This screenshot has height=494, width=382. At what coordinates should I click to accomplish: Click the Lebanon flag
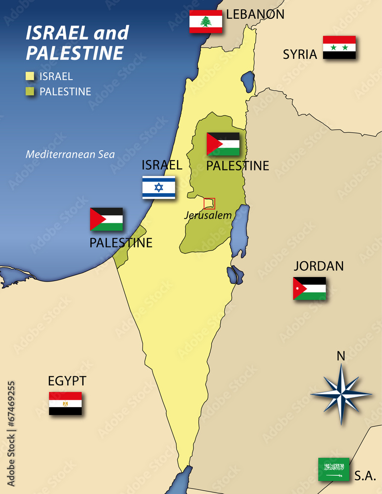click(206, 21)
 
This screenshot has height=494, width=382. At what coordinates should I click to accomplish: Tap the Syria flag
click(339, 47)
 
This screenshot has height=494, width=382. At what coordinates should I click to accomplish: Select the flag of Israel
click(159, 187)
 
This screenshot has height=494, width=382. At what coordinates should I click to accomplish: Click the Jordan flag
click(309, 288)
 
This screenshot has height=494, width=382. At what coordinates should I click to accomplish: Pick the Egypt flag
click(65, 403)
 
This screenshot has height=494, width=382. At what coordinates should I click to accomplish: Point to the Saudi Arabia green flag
click(334, 469)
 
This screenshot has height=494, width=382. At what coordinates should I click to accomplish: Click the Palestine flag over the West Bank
click(223, 144)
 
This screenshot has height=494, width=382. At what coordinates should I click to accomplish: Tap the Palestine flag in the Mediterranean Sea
click(106, 219)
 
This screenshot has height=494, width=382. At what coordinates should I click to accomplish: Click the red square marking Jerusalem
click(209, 203)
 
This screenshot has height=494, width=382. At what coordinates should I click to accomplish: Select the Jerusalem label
click(208, 215)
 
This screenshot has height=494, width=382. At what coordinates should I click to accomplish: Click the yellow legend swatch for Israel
click(30, 77)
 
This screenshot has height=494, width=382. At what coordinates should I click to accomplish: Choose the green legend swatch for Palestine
click(30, 91)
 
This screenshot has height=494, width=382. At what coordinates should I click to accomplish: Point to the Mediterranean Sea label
click(70, 154)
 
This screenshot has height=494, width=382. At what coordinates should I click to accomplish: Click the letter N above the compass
click(341, 356)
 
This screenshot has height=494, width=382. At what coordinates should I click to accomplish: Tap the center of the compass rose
click(341, 394)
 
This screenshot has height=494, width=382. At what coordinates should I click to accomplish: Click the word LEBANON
click(255, 14)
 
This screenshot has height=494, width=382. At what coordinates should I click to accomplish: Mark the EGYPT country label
click(67, 381)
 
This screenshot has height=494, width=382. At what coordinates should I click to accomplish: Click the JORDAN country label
click(319, 266)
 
